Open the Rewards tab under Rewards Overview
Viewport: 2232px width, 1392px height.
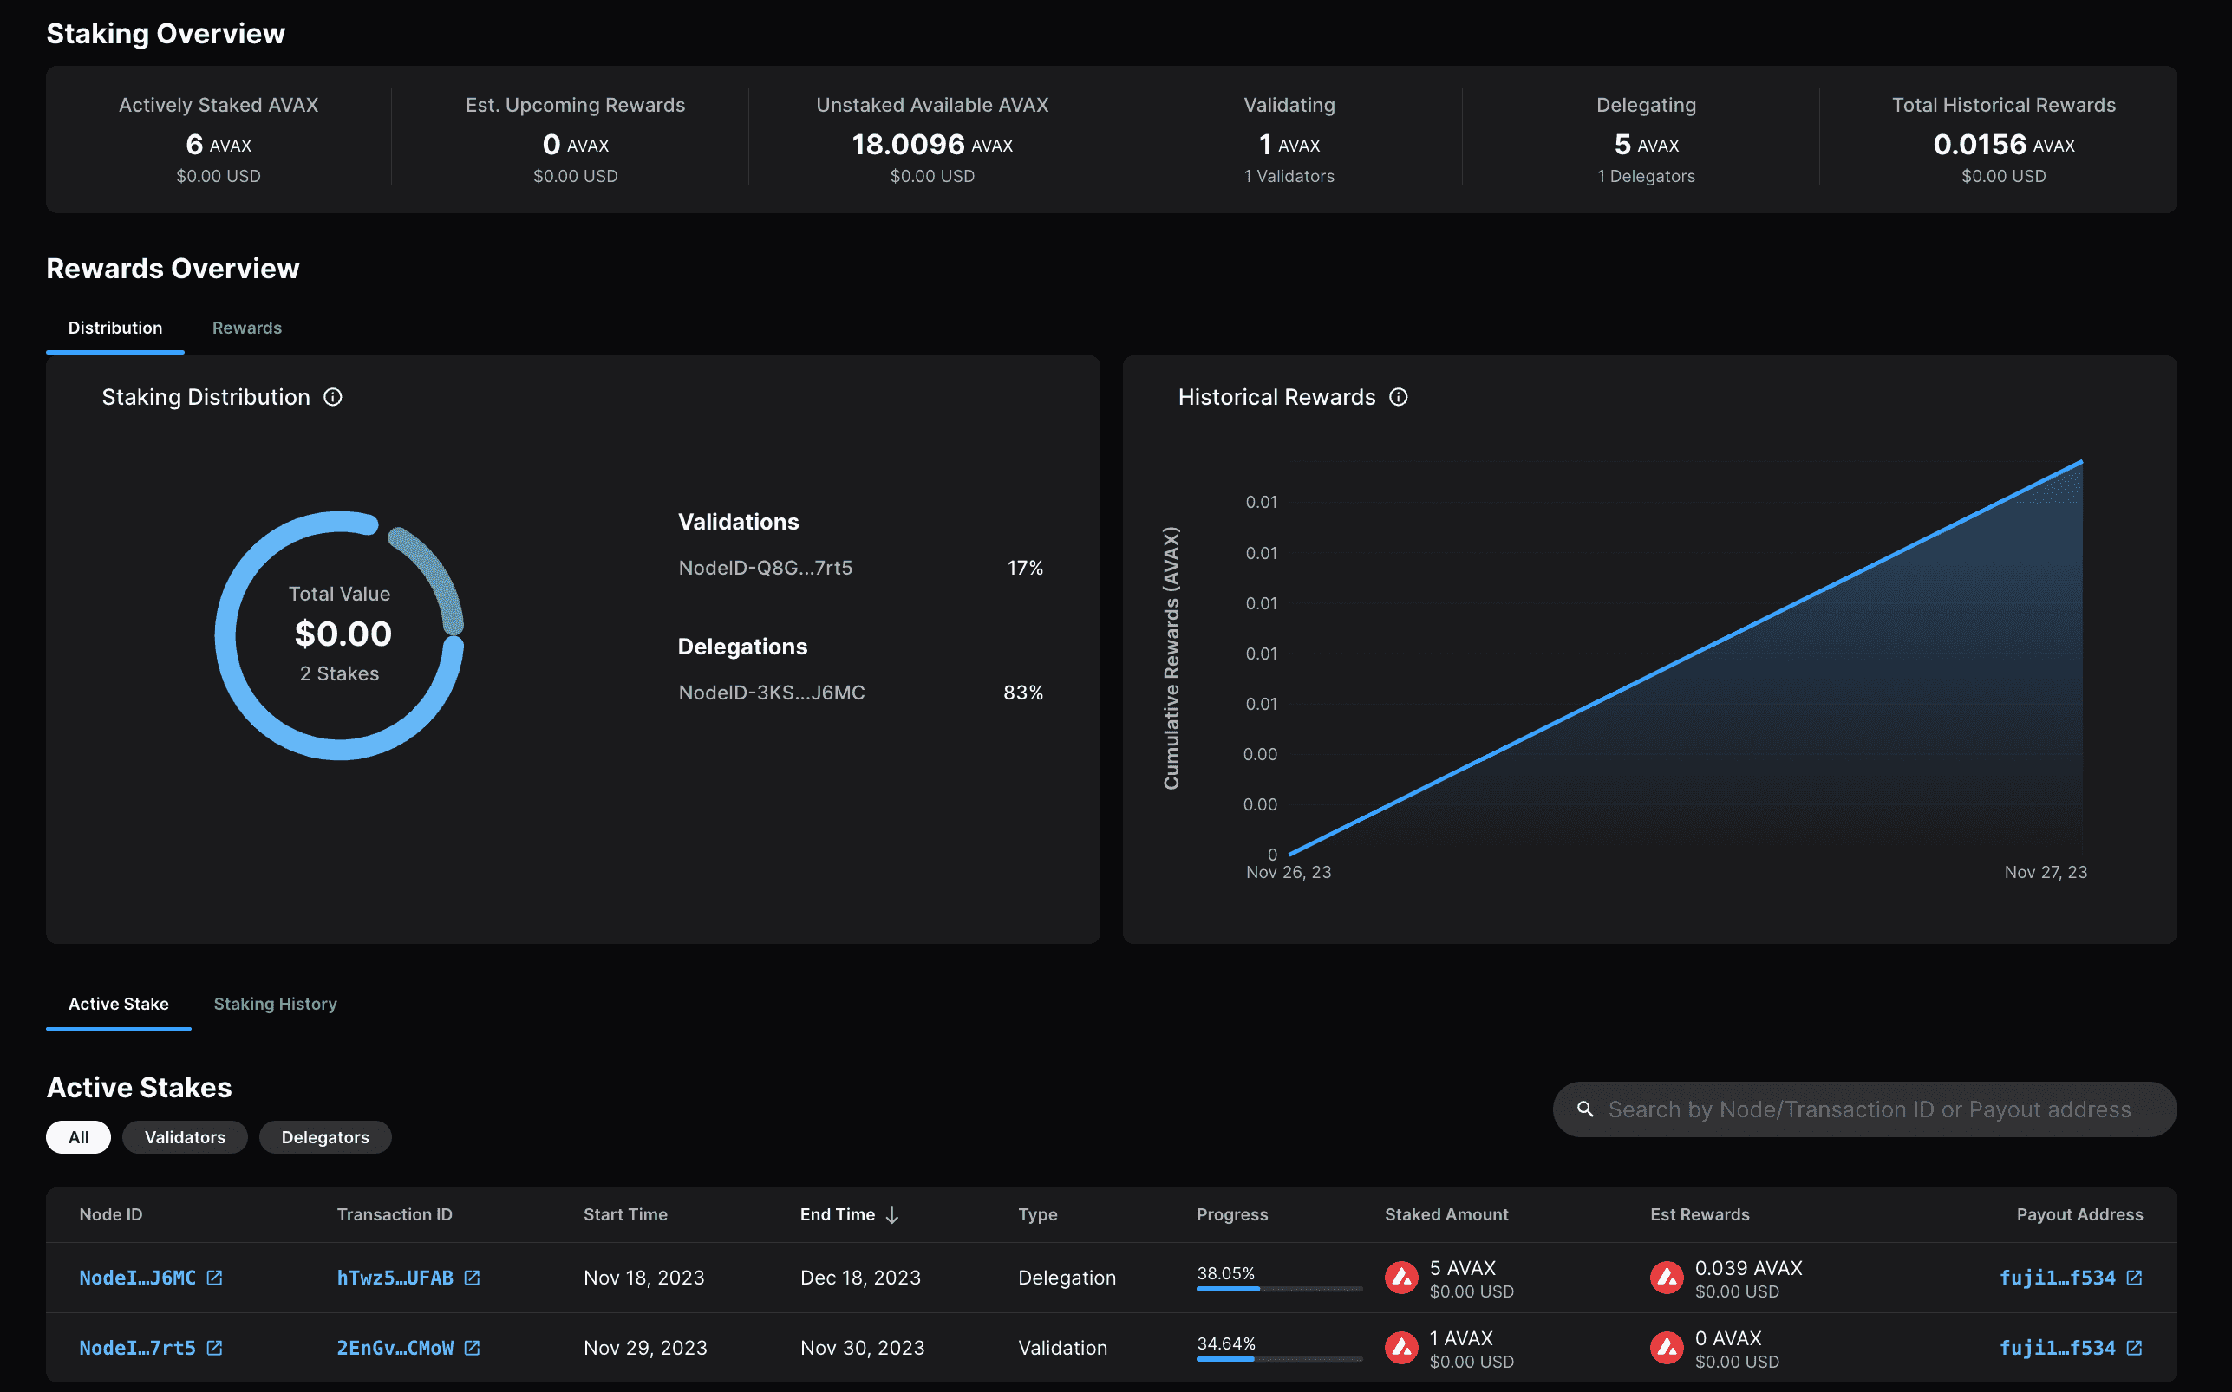point(247,328)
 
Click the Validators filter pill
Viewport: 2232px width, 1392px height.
point(184,1137)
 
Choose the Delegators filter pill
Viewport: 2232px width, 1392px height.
point(325,1137)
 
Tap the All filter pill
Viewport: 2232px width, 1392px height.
point(78,1137)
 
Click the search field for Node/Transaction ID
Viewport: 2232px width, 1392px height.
point(1869,1109)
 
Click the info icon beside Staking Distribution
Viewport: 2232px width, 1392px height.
point(332,397)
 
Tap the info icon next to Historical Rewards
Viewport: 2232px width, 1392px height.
point(1398,397)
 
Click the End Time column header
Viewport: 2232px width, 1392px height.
point(837,1214)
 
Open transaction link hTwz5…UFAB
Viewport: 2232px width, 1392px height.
point(395,1278)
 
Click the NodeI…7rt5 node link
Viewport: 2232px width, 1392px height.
point(137,1348)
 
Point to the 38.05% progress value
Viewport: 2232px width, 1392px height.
point(1225,1273)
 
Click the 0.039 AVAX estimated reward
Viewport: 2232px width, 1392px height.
point(1747,1268)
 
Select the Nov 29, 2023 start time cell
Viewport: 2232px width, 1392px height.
point(644,1348)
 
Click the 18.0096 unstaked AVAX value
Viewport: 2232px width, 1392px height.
point(908,145)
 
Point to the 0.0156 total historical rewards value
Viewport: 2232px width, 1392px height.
point(1979,145)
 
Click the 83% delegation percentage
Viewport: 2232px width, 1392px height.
point(1023,693)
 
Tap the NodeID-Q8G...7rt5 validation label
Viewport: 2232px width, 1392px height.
point(765,567)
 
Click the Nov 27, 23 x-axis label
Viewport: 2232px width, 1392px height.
point(2045,872)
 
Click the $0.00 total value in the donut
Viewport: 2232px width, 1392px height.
point(343,634)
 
